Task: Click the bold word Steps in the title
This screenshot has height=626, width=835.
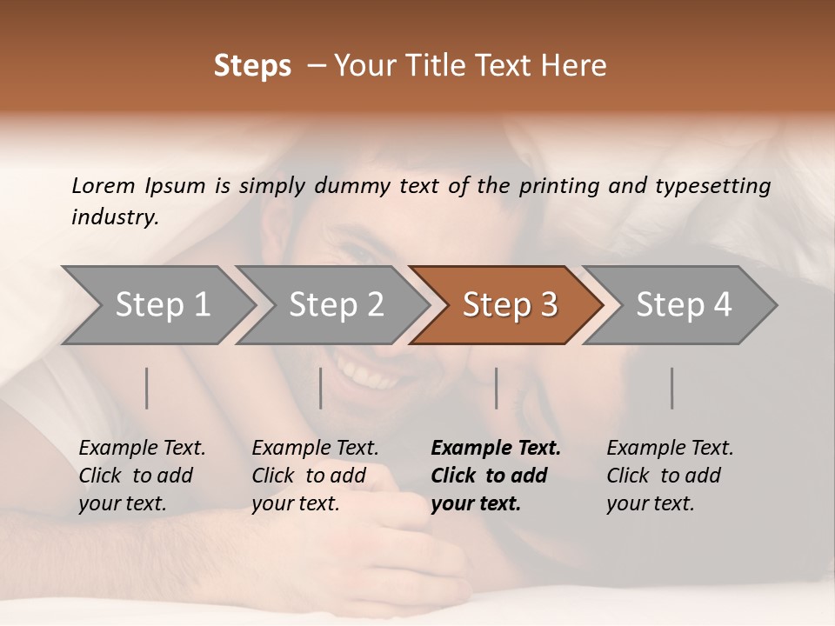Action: pos(252,66)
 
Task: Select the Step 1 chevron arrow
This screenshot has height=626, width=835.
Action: pos(157,304)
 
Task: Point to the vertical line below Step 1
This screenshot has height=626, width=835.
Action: pos(147,388)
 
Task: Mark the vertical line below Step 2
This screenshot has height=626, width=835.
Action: pos(321,388)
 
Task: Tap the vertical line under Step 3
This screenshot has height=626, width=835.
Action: pos(497,388)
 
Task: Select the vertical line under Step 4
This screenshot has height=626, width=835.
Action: pos(672,388)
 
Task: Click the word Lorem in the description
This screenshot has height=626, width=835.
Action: pos(103,186)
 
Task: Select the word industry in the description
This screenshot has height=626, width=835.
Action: pos(113,217)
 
